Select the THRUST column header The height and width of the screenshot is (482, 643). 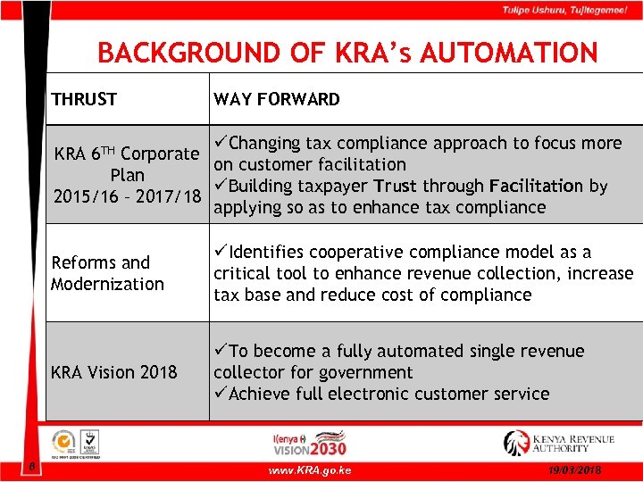pyautogui.click(x=84, y=99)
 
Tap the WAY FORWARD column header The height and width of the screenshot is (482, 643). pyautogui.click(x=277, y=99)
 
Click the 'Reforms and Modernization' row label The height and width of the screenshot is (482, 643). pyautogui.click(x=108, y=273)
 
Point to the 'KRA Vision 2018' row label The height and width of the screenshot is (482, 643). pyautogui.click(x=114, y=371)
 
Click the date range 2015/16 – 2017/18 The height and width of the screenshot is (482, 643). pyautogui.click(x=125, y=196)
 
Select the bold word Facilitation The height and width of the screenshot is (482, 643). pyautogui.click(x=536, y=186)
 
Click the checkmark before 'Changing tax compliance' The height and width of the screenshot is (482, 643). pyautogui.click(x=221, y=143)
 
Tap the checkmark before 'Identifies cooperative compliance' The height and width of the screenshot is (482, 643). pyautogui.click(x=221, y=252)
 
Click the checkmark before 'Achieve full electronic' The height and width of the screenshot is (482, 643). pyautogui.click(x=221, y=394)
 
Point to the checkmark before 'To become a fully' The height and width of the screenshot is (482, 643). pyautogui.click(x=221, y=351)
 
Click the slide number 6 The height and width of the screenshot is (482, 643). pyautogui.click(x=30, y=466)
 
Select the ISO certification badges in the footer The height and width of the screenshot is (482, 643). pyautogui.click(x=77, y=444)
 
